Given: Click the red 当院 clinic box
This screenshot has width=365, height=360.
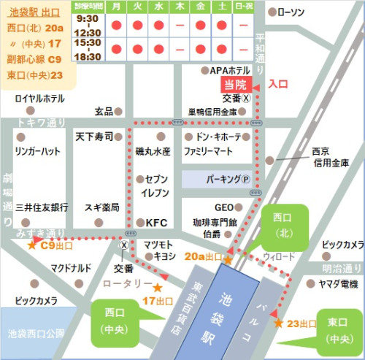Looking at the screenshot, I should tap(236, 84).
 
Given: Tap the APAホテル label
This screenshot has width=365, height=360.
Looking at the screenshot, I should tap(230, 70).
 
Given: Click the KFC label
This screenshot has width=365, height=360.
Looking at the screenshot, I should tap(157, 222).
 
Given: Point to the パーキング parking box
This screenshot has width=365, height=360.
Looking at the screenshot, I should tap(217, 179).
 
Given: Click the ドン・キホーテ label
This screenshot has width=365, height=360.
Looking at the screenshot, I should tap(220, 137).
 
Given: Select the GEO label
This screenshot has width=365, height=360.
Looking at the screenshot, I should tap(223, 207).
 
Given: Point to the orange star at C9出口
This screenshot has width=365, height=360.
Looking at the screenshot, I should tap(31, 246).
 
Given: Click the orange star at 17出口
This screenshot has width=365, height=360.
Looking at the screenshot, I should tap(157, 288).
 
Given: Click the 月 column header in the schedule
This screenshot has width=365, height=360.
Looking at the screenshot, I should tap(116, 7).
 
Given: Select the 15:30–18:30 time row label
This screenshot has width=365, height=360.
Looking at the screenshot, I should tap(88, 50).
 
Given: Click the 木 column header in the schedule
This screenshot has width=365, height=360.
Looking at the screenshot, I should tap(180, 7).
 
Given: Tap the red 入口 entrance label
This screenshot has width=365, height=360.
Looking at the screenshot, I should tap(278, 84).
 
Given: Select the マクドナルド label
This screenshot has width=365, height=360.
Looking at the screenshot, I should tap(71, 268).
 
